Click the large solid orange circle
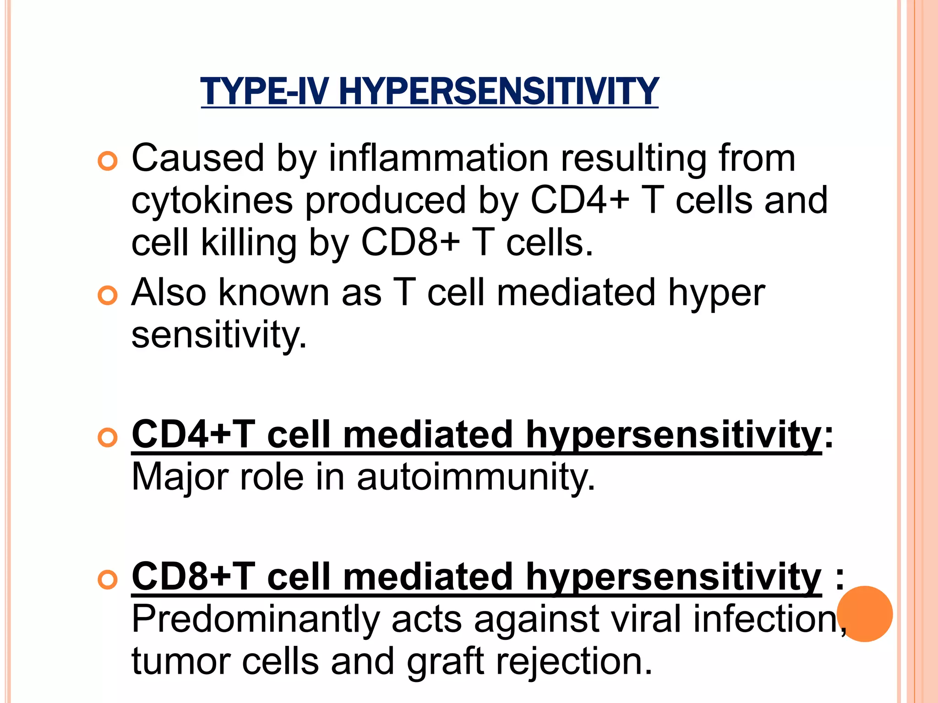pos(865,614)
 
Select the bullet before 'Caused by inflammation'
pos(108,161)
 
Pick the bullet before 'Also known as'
pos(108,296)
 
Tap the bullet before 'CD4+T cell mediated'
pos(108,438)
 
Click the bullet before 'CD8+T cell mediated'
pos(108,579)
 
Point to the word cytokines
pos(212,200)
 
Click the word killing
pos(249,243)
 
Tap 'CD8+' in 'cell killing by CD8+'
pos(410,243)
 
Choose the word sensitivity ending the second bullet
pos(218,335)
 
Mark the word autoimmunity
pos(476,477)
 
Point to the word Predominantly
pos(255,619)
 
